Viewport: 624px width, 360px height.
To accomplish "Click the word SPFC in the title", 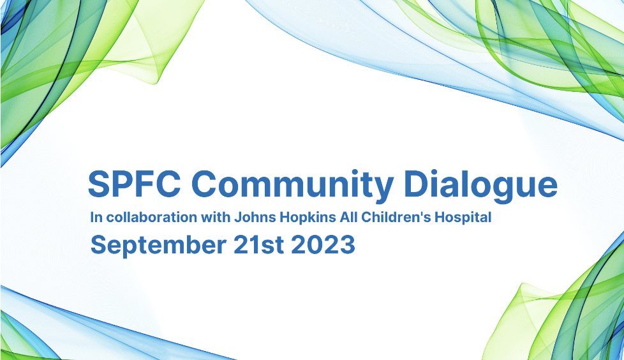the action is [x=134, y=184].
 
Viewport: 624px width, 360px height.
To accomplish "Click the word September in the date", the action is [x=158, y=245].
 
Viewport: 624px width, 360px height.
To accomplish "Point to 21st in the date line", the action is [x=258, y=244].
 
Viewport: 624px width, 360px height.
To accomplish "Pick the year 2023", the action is [x=323, y=244].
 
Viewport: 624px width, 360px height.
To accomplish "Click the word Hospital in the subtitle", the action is [x=463, y=218].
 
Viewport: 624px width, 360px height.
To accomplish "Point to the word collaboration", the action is [x=152, y=218].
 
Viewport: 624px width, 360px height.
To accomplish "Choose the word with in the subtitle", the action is [x=215, y=218].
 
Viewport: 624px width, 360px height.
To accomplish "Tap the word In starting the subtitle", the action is [x=96, y=218].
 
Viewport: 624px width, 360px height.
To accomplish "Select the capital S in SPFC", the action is [x=99, y=184].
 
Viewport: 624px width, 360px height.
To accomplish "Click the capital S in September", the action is [x=98, y=244].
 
